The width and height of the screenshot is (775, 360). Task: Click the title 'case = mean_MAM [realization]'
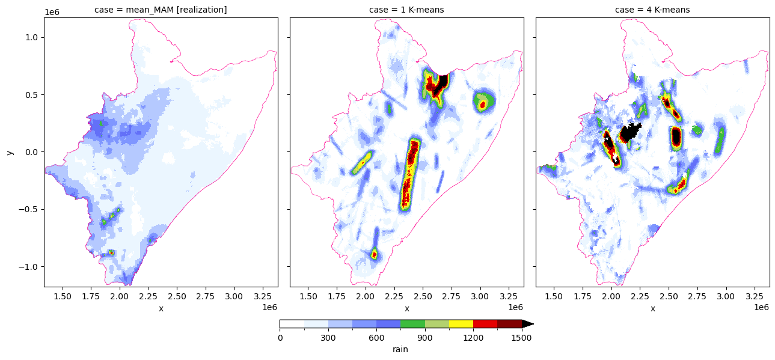[x=161, y=10]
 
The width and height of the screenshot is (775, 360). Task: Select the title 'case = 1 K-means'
[x=406, y=10]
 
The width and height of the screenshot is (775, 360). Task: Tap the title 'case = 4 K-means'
[x=652, y=10]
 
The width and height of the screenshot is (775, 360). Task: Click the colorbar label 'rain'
[x=400, y=349]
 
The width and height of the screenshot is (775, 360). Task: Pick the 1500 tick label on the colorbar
[x=521, y=338]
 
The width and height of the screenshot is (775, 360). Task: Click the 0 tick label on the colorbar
[x=280, y=338]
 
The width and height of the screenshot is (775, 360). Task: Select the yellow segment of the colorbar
[x=461, y=324]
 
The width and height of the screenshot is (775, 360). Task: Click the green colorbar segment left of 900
[x=412, y=324]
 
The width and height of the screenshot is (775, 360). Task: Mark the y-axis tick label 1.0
[x=31, y=37]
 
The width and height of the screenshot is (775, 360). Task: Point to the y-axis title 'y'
[x=10, y=152]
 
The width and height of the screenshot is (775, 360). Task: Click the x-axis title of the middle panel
[x=407, y=308]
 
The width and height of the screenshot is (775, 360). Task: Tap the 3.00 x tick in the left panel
[x=234, y=296]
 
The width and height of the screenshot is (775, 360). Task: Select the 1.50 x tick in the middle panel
[x=308, y=296]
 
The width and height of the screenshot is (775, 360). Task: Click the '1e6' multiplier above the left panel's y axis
[x=52, y=13]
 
